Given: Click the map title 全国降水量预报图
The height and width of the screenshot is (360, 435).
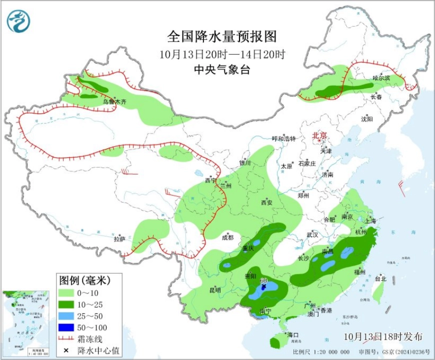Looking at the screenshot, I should [x=221, y=36].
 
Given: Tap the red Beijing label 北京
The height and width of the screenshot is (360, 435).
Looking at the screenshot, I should [x=319, y=135].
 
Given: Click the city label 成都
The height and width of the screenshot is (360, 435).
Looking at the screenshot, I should [x=227, y=237].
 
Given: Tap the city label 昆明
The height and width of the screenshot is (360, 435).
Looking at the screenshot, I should [x=214, y=290].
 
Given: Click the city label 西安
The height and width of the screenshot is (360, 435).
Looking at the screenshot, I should [x=266, y=202].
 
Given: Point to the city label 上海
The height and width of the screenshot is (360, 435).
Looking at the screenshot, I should [x=370, y=220].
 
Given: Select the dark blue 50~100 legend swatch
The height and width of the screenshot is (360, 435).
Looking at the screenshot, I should [x=65, y=327].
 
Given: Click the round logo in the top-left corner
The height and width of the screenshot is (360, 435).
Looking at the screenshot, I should [x=18, y=21].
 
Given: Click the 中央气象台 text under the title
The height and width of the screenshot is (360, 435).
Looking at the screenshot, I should [x=221, y=70].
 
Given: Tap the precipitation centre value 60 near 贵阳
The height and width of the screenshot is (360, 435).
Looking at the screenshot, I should [x=263, y=280].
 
